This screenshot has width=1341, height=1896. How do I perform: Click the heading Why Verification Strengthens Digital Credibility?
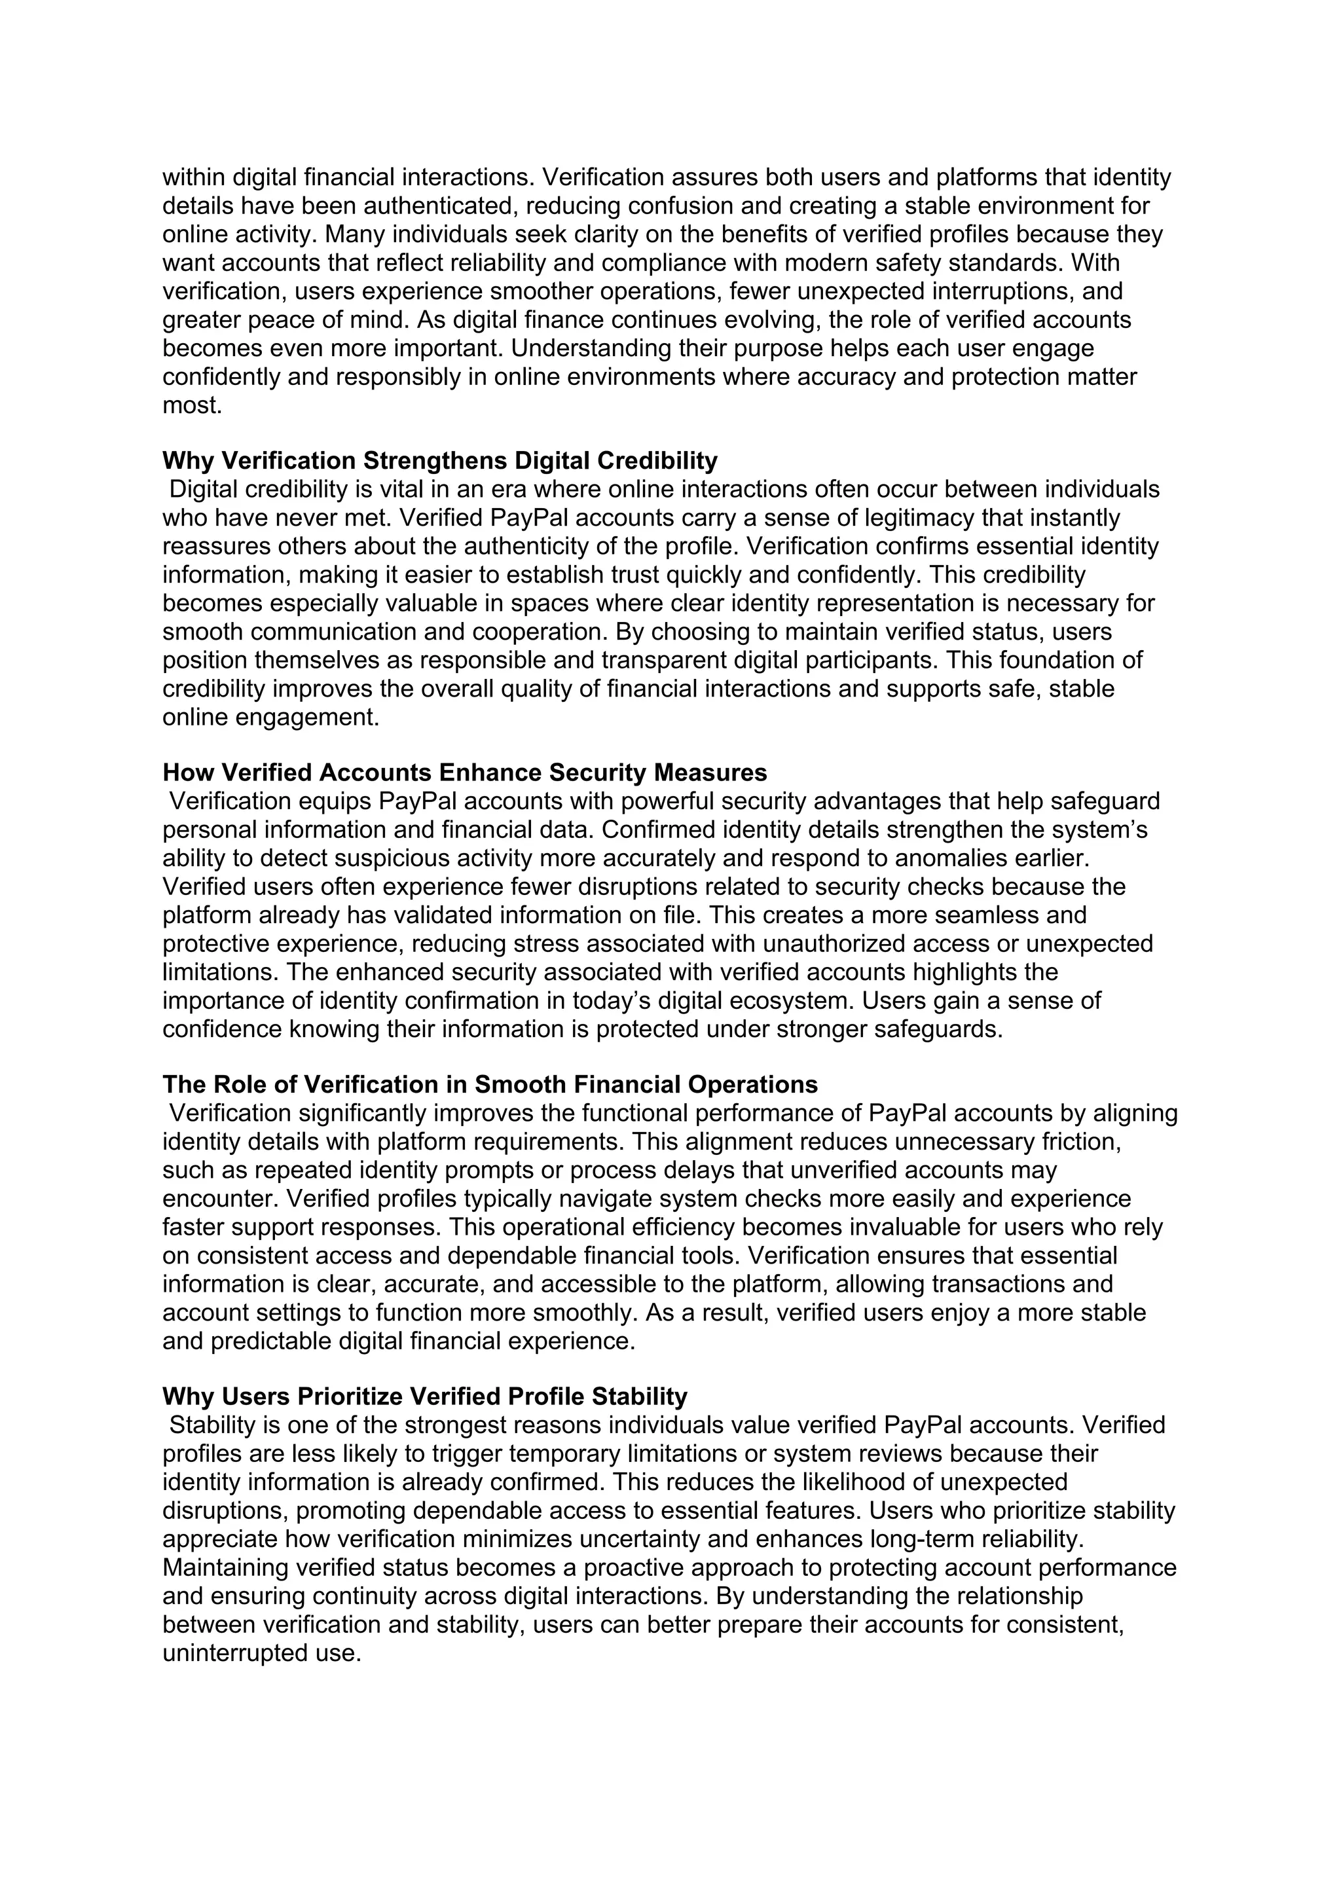(439, 460)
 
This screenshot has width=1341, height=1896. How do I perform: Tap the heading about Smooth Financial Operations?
(490, 1084)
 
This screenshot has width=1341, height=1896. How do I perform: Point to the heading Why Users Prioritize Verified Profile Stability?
(424, 1396)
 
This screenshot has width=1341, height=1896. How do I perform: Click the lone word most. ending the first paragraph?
(192, 405)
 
